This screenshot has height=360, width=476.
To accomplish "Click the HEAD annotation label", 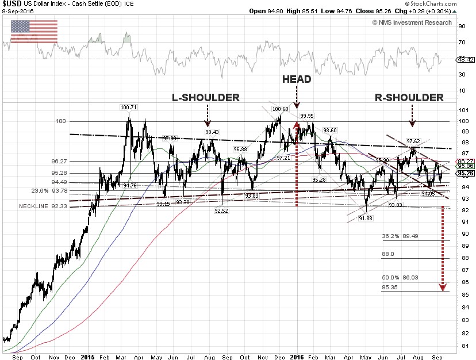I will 297,79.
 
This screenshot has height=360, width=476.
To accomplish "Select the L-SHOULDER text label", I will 206,98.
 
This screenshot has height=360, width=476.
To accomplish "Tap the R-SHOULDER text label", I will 409,98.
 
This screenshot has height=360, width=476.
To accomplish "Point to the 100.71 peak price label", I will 129,108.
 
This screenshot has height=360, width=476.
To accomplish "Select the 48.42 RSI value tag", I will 465,59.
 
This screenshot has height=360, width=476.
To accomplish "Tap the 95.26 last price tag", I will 465,173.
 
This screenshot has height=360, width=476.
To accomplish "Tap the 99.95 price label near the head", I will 308,116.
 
